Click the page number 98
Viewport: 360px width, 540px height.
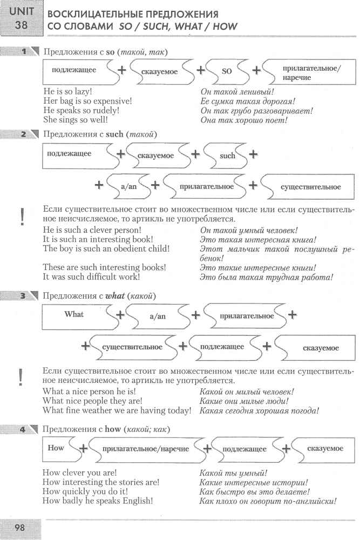point(19,528)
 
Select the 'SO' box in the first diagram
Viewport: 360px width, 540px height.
point(227,72)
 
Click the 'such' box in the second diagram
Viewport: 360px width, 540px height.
point(227,156)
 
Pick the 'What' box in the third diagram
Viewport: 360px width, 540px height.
point(74,314)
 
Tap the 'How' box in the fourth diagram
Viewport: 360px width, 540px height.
point(56,448)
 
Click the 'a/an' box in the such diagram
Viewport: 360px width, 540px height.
point(128,187)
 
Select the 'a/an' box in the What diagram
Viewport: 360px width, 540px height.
point(157,316)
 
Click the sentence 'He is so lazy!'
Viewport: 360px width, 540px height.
point(67,92)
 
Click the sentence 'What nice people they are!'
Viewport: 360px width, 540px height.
point(92,401)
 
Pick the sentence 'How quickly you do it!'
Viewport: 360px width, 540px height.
point(85,491)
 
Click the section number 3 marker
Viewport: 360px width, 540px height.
point(23,296)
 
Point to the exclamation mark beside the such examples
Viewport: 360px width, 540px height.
point(22,217)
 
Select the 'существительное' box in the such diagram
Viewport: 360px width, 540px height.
point(310,187)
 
